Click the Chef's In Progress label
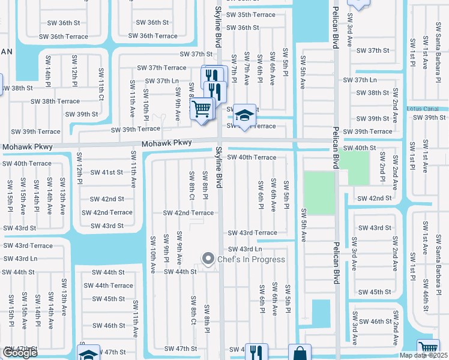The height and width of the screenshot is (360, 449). pyautogui.click(x=251, y=259)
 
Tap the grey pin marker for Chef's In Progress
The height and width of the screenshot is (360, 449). pyautogui.click(x=208, y=259)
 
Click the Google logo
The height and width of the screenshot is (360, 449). pyautogui.click(x=19, y=353)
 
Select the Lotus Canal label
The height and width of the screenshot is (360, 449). pyautogui.click(x=426, y=109)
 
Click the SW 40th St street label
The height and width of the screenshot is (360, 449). pyautogui.click(x=360, y=148)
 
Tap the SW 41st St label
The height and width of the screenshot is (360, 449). pyautogui.click(x=106, y=172)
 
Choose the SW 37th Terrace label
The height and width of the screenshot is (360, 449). pyautogui.click(x=161, y=68)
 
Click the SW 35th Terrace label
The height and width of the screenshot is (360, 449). pyautogui.click(x=248, y=15)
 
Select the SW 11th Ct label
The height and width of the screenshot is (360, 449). pyautogui.click(x=101, y=88)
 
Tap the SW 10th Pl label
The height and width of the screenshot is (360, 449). pyautogui.click(x=146, y=104)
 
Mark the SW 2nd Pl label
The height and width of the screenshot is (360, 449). pyautogui.click(x=382, y=167)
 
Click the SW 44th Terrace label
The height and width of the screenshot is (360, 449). pyautogui.click(x=113, y=286)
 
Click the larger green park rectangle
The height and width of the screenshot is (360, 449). pyautogui.click(x=319, y=193)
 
